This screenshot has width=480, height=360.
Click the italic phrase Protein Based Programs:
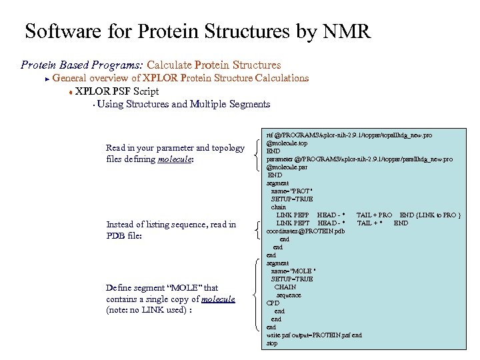[81, 65]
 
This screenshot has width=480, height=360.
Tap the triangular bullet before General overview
[47, 79]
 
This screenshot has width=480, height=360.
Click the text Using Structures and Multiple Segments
[183, 104]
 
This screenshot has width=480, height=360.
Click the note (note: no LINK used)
[143, 310]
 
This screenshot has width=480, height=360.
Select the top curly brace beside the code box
[259, 155]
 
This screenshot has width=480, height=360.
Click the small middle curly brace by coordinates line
[259, 231]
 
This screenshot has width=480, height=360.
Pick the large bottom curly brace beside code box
[259, 294]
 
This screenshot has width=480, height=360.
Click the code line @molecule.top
[288, 143]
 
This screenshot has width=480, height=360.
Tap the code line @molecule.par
[288, 167]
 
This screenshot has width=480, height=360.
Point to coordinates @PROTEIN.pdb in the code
[305, 231]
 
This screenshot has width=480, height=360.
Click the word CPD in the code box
[273, 303]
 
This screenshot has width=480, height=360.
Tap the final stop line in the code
[272, 343]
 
